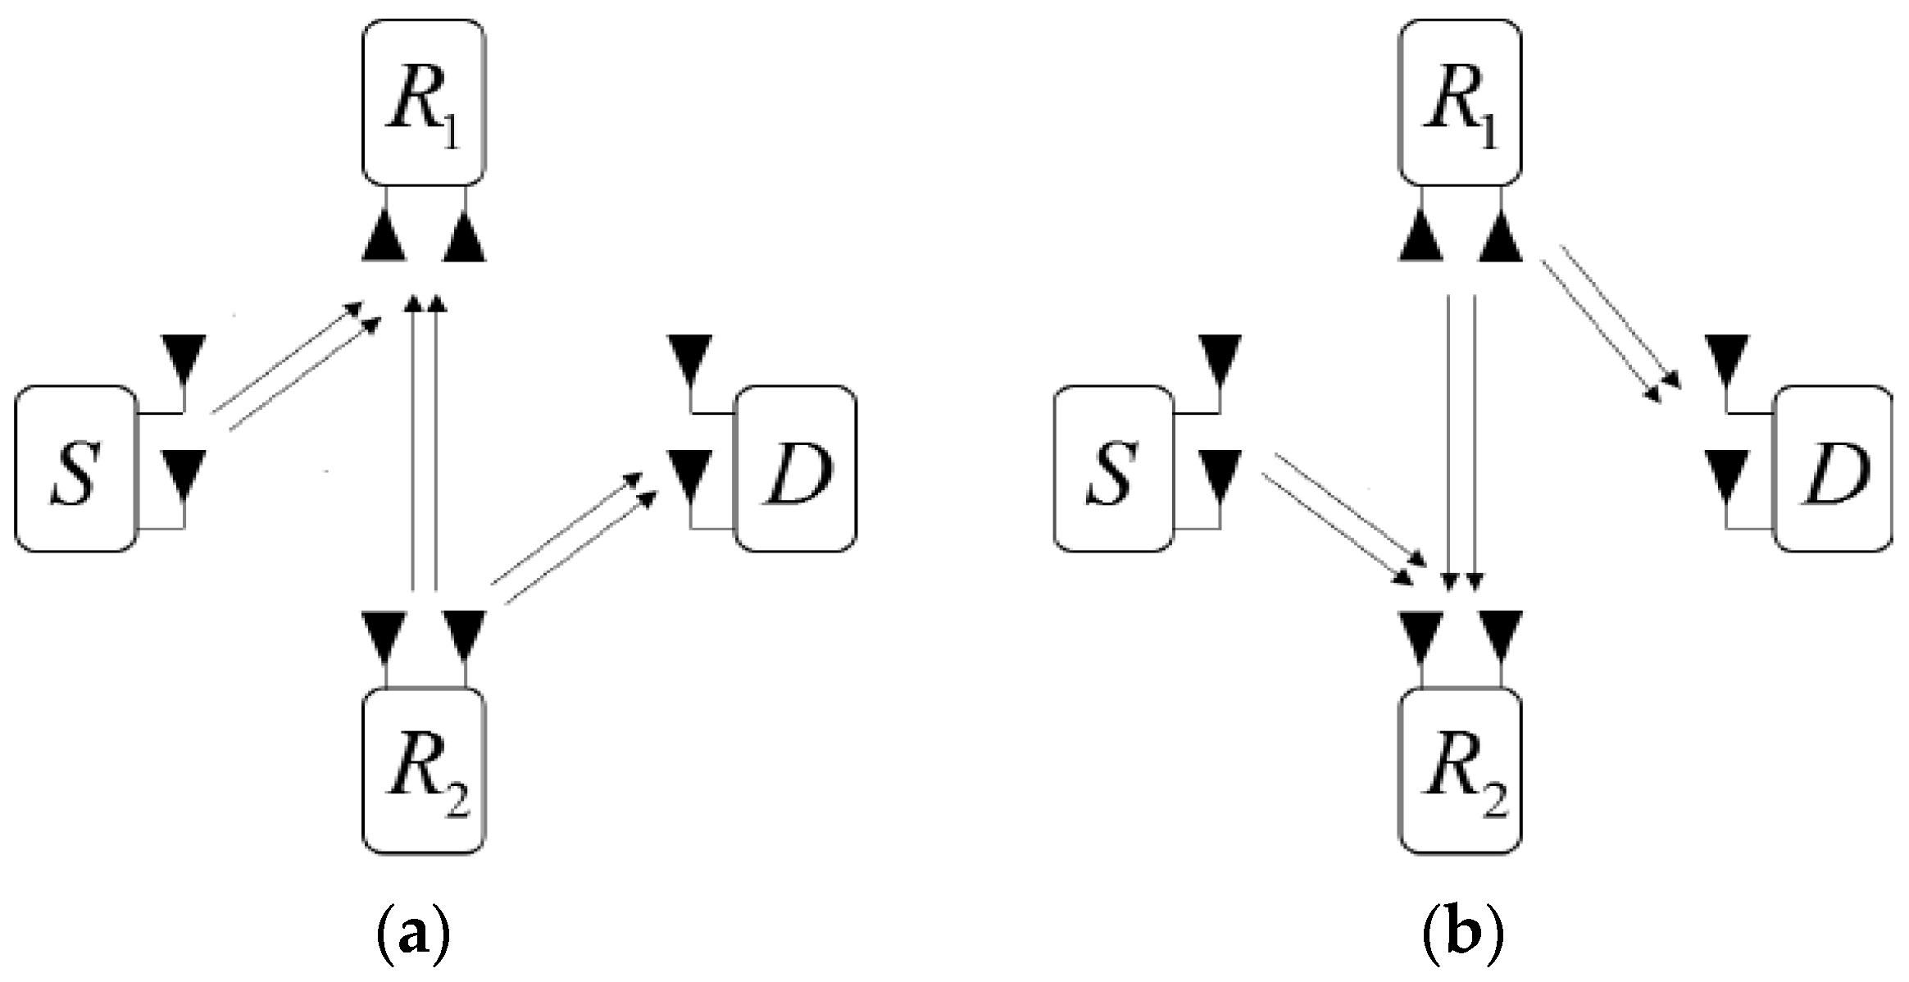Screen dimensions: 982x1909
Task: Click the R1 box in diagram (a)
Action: tap(424, 102)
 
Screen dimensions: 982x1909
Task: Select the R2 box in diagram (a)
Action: tap(424, 771)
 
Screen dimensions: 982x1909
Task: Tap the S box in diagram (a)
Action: tap(75, 468)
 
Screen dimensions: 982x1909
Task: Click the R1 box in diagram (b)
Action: tap(1460, 102)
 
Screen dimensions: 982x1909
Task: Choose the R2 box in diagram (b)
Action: tap(1460, 771)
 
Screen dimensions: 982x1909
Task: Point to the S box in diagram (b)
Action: tap(1112, 468)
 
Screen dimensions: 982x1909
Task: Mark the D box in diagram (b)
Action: tap(1834, 468)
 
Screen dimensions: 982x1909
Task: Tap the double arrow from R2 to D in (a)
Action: tap(574, 539)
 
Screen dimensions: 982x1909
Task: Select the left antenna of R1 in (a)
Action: tap(384, 239)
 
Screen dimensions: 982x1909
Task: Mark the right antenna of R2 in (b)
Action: tap(1501, 634)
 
